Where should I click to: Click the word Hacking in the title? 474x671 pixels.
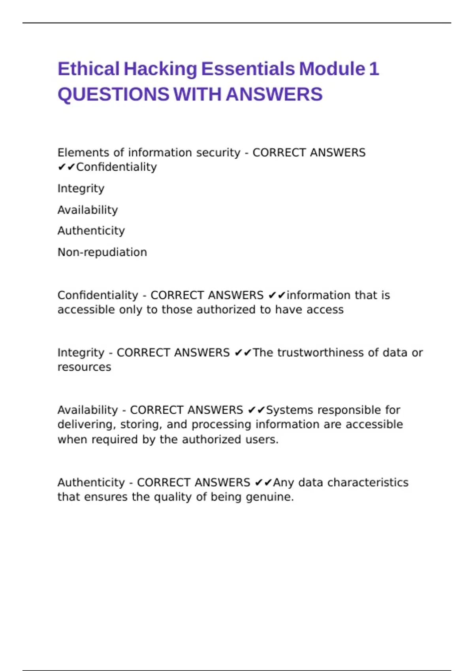click(x=160, y=69)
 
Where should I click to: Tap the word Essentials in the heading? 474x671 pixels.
click(x=248, y=69)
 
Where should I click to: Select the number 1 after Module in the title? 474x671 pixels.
click(x=374, y=69)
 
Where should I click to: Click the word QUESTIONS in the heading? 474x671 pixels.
click(x=113, y=95)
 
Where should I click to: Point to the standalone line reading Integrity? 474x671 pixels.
click(x=81, y=189)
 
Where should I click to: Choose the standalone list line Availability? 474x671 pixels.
click(x=88, y=210)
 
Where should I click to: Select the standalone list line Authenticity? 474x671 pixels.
click(x=91, y=231)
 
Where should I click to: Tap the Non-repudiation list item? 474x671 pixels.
click(x=102, y=252)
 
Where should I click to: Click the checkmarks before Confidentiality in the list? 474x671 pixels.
click(x=66, y=167)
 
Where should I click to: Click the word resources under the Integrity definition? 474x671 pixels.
click(x=84, y=367)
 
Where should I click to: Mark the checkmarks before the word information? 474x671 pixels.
click(x=276, y=295)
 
